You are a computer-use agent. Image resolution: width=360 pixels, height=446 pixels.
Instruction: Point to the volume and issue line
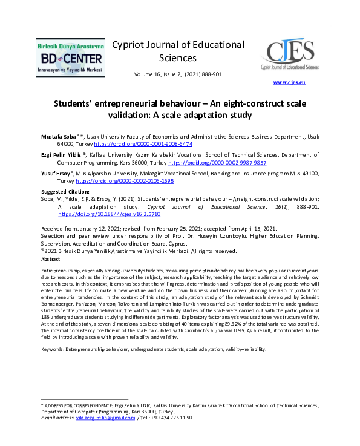coord(178,74)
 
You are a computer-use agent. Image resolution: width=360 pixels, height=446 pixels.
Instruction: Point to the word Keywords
coord(51,350)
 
